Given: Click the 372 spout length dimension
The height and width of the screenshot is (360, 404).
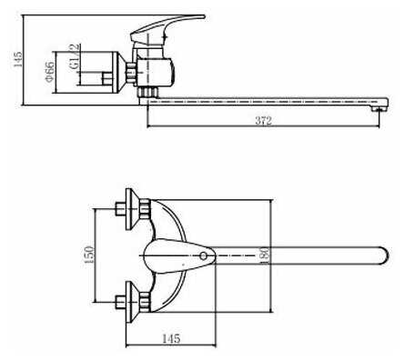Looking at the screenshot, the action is coord(263,121).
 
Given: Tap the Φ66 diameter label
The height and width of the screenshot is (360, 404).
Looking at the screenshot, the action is coord(50,72).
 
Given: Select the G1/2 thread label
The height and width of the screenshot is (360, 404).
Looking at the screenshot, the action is coord(75,56).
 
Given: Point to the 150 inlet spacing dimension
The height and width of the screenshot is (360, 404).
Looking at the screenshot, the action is coord(89,255).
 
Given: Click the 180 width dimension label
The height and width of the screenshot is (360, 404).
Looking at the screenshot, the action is coord(264,255).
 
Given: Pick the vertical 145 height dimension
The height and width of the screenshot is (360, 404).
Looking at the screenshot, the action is coord(17,59).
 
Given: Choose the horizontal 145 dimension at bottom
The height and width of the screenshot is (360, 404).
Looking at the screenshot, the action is coord(171,338).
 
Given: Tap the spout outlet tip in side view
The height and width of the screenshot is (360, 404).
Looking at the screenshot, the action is coord(379,108).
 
